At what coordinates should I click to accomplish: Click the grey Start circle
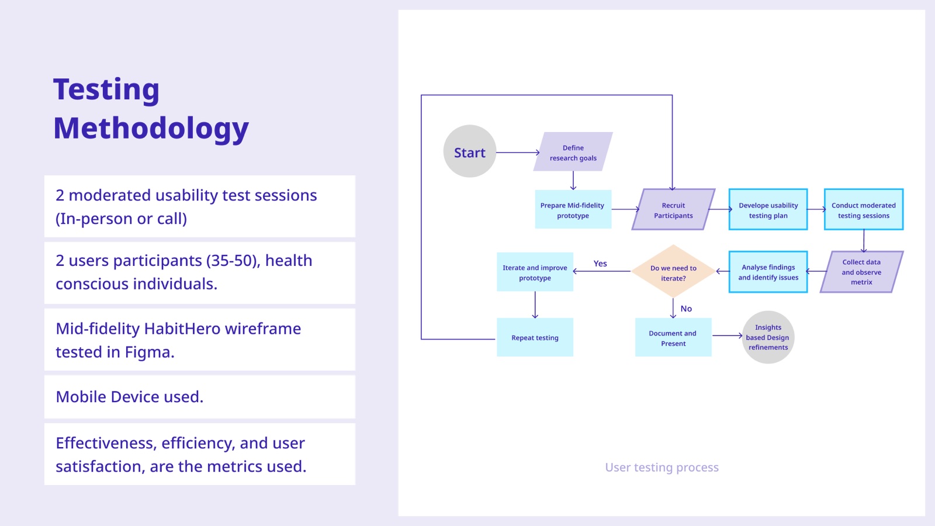[470, 151]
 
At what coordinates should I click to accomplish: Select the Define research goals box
[573, 151]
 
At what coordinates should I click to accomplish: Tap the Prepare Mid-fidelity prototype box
[573, 209]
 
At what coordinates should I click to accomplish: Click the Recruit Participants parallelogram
[673, 209]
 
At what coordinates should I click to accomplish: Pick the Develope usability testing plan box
[768, 209]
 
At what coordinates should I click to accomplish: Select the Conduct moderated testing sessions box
[864, 209]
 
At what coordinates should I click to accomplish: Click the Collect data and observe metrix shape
[861, 272]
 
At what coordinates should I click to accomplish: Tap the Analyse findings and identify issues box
[768, 272]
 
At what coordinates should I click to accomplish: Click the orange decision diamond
[673, 271]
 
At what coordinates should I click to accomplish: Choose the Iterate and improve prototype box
[535, 272]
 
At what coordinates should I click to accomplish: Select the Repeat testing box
[535, 337]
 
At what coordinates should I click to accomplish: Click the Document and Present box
[673, 337]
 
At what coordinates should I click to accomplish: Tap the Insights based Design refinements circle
[768, 337]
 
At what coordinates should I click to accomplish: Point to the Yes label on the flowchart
[600, 264]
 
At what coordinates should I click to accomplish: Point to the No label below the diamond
[686, 309]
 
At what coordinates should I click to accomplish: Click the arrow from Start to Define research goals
[518, 153]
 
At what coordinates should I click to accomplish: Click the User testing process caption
[662, 467]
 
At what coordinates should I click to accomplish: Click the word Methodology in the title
[151, 128]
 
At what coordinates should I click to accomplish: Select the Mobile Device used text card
[199, 397]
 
